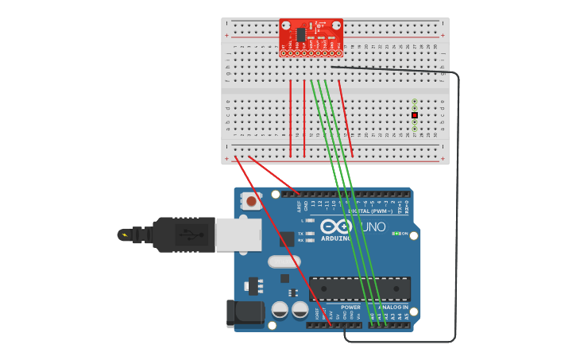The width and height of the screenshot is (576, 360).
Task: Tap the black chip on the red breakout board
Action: click(301, 34)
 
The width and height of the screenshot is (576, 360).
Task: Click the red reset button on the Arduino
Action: click(251, 202)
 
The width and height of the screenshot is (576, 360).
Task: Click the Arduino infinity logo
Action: click(335, 226)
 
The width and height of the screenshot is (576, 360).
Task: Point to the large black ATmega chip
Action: click(359, 288)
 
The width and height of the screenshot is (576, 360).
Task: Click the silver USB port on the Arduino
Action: click(238, 234)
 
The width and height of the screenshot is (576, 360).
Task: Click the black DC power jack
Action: click(244, 313)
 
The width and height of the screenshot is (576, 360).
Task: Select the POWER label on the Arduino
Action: click(350, 307)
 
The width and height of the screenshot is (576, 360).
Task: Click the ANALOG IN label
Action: click(392, 307)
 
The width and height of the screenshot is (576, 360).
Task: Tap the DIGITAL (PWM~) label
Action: click(370, 211)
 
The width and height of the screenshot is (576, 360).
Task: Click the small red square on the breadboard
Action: click(415, 115)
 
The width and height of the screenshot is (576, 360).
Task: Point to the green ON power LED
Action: click(396, 234)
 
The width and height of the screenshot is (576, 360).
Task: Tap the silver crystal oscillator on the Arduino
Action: click(284, 261)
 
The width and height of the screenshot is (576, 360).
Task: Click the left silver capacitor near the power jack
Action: click(280, 309)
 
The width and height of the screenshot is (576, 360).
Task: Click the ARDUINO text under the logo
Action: click(335, 238)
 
